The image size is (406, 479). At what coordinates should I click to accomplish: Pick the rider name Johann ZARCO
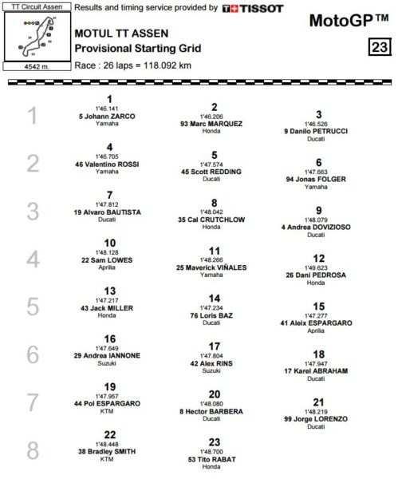pos(111,117)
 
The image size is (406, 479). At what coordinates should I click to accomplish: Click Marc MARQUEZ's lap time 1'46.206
pos(214,116)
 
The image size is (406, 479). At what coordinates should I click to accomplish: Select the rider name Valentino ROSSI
pos(111,164)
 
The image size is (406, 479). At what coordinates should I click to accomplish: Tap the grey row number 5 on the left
pos(33,307)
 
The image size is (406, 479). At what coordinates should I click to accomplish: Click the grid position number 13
pos(110,291)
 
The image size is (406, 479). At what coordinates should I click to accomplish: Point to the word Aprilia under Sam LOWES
pos(110,268)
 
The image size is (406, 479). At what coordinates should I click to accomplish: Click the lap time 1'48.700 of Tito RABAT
pos(214,451)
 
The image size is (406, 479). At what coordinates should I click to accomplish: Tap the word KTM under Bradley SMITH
pos(110,459)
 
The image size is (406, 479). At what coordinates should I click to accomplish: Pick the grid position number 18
pos(318,354)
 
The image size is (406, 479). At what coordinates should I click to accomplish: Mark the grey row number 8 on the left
pos(33,449)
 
